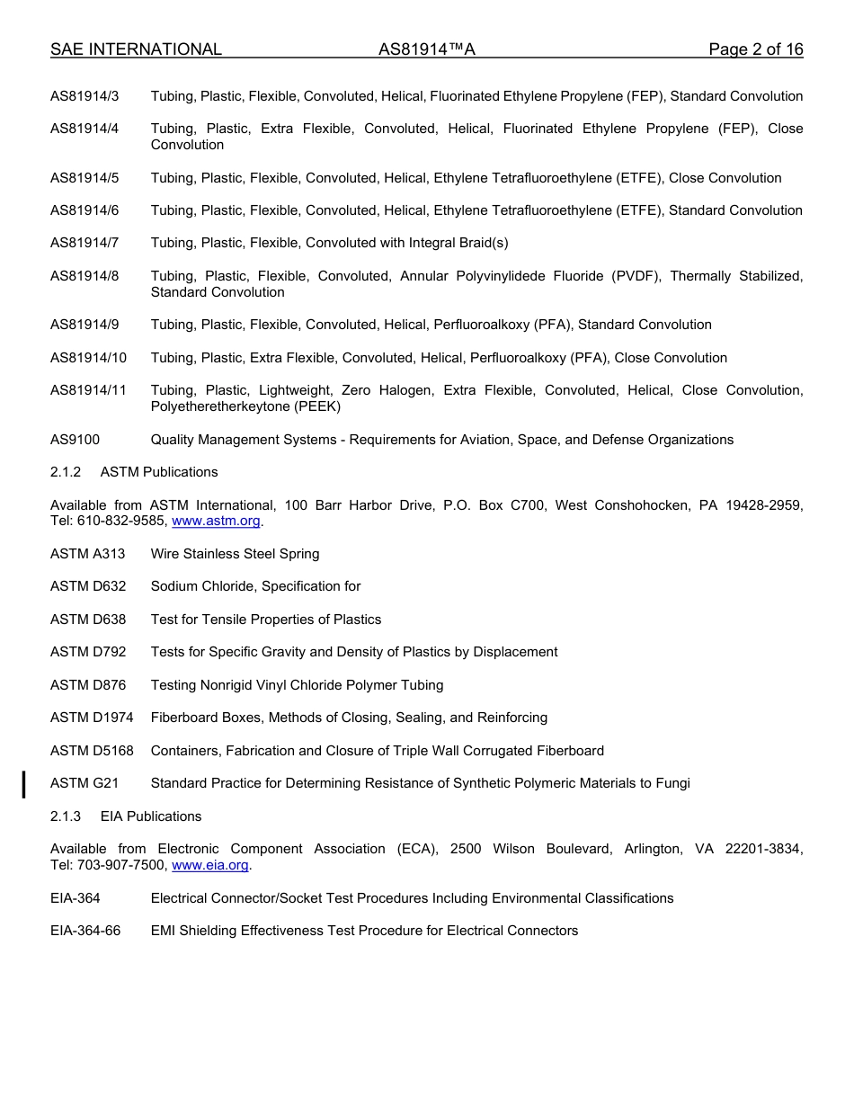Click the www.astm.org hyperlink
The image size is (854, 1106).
(x=216, y=522)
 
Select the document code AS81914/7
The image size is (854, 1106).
(x=85, y=243)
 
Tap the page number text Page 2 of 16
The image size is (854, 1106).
(x=755, y=49)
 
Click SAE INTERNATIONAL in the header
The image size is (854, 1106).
(x=136, y=49)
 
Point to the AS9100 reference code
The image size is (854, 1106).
(x=76, y=440)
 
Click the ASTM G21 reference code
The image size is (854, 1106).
(x=85, y=783)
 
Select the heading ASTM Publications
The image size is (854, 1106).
(x=159, y=472)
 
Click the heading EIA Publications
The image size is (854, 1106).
(x=151, y=816)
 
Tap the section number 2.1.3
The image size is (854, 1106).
(x=66, y=816)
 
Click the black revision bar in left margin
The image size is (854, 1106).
(x=24, y=783)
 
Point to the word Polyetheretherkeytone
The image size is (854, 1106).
(x=215, y=406)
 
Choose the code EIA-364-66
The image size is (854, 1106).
(x=85, y=931)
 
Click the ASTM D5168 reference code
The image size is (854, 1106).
(x=92, y=751)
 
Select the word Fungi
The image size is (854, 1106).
(x=672, y=783)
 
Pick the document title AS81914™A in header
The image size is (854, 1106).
(x=426, y=49)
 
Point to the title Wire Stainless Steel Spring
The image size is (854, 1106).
(x=235, y=554)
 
